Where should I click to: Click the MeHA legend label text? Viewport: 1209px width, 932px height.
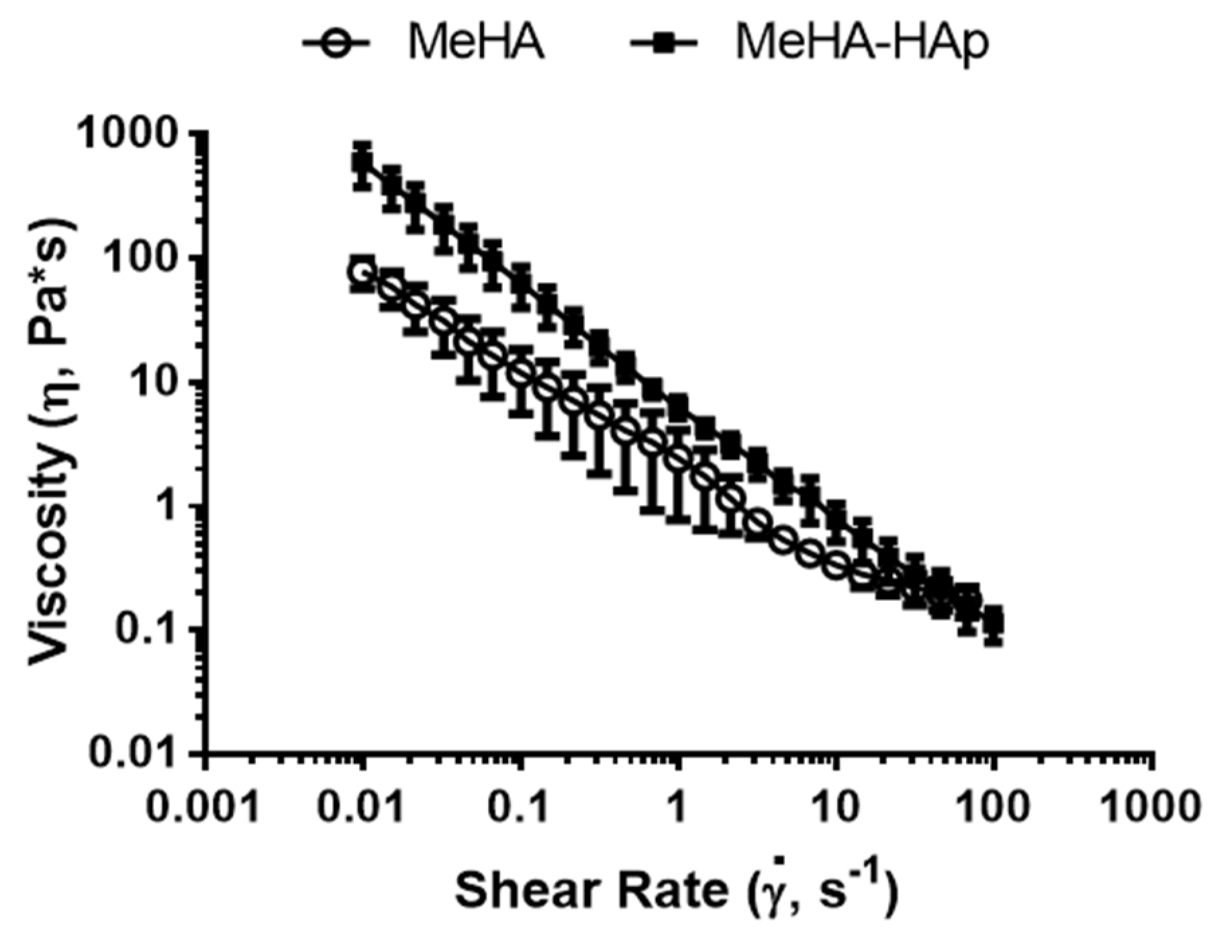[476, 44]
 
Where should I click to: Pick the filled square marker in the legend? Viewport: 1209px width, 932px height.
[664, 44]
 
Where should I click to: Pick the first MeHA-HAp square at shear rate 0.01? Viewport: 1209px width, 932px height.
[362, 163]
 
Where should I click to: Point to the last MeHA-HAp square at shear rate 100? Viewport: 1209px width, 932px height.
[994, 620]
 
